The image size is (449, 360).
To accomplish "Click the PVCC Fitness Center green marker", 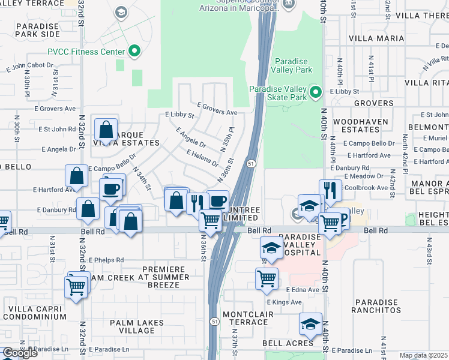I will click(x=134, y=52).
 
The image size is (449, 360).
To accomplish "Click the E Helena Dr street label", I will click(x=202, y=158).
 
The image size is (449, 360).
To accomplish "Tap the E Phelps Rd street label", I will click(x=106, y=260).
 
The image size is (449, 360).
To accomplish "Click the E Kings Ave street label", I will click(x=284, y=302).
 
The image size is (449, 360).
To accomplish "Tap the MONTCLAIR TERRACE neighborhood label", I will click(x=244, y=318).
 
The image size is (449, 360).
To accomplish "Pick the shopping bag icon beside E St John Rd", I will click(x=106, y=130).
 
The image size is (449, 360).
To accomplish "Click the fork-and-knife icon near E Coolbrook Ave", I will click(x=330, y=190).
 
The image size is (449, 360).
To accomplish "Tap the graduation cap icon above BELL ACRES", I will click(x=310, y=325).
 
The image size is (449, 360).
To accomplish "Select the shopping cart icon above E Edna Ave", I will click(x=267, y=278).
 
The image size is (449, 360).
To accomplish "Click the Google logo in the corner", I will click(x=20, y=353).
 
